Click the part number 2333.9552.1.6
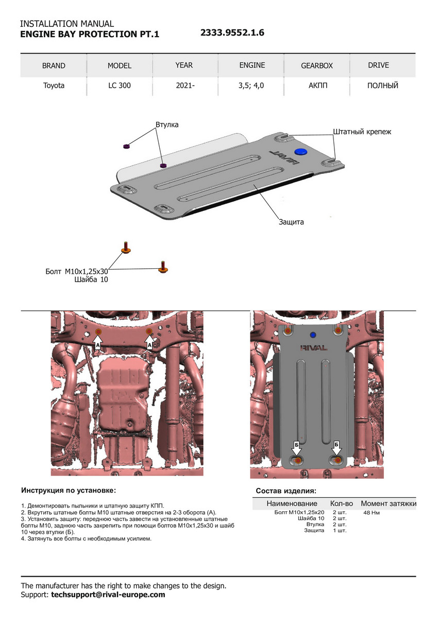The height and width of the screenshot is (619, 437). [232, 33]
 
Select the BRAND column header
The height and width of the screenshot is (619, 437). [54, 66]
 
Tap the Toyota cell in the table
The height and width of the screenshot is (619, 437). [54, 86]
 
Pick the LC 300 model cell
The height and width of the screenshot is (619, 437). [119, 86]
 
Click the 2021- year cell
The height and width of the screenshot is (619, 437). [184, 86]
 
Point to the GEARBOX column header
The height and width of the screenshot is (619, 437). [317, 66]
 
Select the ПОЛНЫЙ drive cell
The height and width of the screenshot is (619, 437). [383, 86]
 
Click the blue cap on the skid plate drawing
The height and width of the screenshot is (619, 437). [300, 151]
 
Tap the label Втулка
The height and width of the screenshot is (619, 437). [166, 125]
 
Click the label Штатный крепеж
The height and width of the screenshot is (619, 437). [362, 132]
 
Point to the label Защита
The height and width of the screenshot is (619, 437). [291, 222]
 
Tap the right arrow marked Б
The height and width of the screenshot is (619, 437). [337, 447]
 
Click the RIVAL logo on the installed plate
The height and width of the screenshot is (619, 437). [313, 348]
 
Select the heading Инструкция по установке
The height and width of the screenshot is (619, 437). [69, 490]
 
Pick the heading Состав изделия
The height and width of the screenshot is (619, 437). [286, 491]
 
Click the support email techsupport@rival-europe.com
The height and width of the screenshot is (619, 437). [108, 595]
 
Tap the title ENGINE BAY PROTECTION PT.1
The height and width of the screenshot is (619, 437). [90, 35]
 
